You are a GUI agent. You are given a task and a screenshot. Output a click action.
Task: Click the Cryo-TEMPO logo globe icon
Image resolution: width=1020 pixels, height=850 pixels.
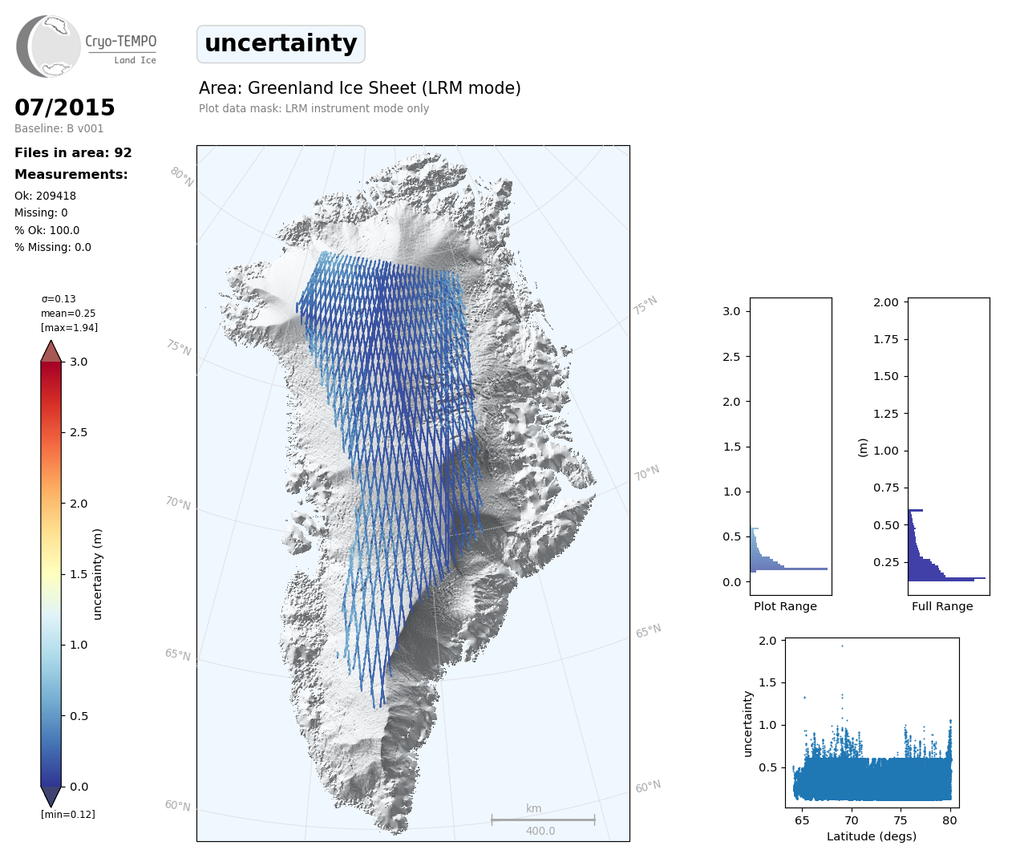(50, 47)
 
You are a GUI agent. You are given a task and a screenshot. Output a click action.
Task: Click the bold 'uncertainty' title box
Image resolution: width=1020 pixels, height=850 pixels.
(281, 43)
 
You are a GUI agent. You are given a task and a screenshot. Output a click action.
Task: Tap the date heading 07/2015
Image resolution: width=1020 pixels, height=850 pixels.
(65, 107)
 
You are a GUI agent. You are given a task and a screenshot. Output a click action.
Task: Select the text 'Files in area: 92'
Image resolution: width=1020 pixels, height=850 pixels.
(73, 153)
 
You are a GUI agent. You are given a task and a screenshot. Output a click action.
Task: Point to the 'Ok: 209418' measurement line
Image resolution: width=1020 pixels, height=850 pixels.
(45, 196)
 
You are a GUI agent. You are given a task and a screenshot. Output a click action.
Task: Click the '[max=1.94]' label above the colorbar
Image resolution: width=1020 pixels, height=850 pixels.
(69, 327)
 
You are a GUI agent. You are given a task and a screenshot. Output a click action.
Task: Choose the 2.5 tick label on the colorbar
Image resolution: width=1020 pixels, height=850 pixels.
(79, 432)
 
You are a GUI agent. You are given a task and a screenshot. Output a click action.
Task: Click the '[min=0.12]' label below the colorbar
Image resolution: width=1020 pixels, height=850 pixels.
(68, 814)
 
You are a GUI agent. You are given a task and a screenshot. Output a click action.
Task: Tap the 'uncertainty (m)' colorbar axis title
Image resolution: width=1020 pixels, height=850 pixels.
(98, 574)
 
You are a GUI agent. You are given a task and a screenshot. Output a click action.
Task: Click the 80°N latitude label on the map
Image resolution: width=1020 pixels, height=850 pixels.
(182, 176)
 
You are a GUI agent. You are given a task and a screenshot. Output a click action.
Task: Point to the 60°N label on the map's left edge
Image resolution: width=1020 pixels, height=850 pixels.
(177, 805)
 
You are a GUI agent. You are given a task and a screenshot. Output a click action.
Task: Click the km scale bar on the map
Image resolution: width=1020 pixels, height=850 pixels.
(543, 820)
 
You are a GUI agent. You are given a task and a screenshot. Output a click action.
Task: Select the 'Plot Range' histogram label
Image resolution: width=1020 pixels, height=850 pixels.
(785, 606)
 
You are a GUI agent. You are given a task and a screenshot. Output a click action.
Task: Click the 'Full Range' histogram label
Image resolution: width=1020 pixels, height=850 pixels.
(942, 606)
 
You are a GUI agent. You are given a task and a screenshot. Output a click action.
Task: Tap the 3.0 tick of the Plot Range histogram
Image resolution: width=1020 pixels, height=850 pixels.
(731, 311)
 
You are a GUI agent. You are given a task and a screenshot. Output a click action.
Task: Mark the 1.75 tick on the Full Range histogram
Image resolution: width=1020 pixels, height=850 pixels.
(885, 339)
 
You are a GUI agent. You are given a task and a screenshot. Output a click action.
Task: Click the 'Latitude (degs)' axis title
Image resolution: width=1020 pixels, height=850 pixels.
(872, 836)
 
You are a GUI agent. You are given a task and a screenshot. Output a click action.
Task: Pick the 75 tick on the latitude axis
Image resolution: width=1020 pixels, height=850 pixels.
(901, 820)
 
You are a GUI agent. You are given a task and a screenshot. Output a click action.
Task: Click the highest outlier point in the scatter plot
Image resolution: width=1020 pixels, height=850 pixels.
(842, 646)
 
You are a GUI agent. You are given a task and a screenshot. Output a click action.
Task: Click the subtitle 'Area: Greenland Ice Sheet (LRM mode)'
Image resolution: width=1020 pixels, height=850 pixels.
(360, 88)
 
